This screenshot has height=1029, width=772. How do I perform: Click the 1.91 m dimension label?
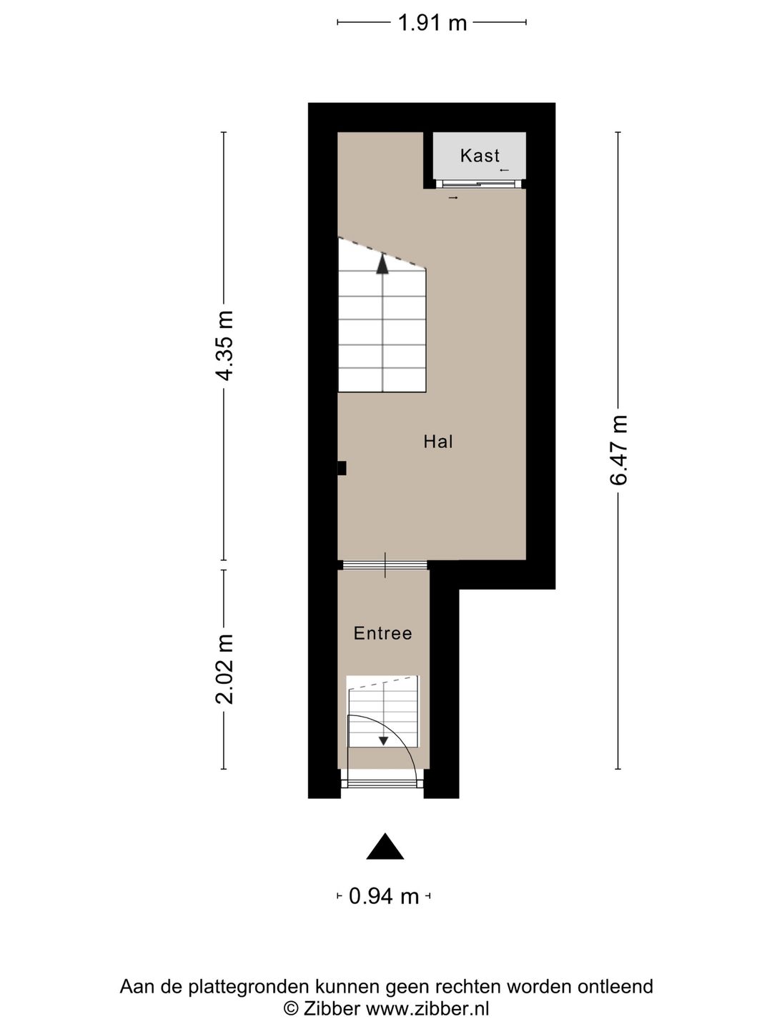pyautogui.click(x=432, y=23)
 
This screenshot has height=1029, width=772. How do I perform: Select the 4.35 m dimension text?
pyautogui.click(x=225, y=345)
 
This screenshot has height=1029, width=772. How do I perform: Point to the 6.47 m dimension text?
pyautogui.click(x=618, y=449)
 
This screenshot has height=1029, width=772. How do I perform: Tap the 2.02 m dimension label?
pyautogui.click(x=225, y=668)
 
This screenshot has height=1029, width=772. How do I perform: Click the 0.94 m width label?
pyautogui.click(x=384, y=895)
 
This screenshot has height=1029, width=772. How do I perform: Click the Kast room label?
pyautogui.click(x=480, y=155)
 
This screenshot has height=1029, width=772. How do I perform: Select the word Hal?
pyautogui.click(x=438, y=442)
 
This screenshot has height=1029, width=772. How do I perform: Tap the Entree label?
pyautogui.click(x=383, y=633)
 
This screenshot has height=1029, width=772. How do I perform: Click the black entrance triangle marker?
pyautogui.click(x=385, y=847)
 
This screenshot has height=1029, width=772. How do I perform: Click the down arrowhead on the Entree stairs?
pyautogui.click(x=384, y=741)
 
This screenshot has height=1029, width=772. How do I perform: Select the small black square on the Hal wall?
pyautogui.click(x=342, y=468)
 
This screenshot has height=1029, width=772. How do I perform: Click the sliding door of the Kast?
pyautogui.click(x=480, y=184)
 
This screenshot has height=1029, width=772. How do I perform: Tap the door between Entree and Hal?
pyautogui.click(x=385, y=565)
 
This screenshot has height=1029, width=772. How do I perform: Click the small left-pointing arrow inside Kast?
pyautogui.click(x=504, y=170)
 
